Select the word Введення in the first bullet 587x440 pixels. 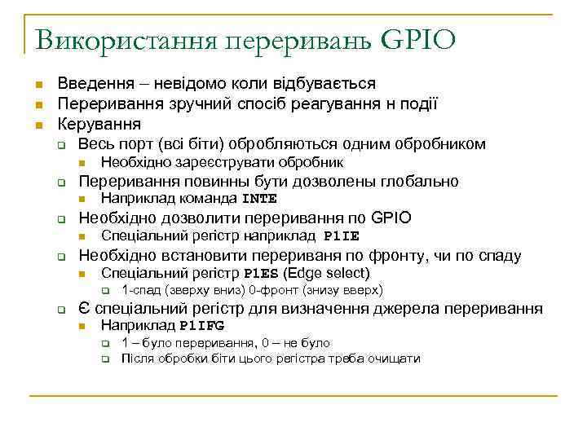[x=88, y=84]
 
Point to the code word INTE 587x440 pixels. [x=260, y=199]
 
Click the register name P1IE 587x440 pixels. [x=341, y=237]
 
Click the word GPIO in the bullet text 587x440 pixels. [x=391, y=218]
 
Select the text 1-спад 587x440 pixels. [x=139, y=291]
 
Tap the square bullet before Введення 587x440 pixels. [x=37, y=85]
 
